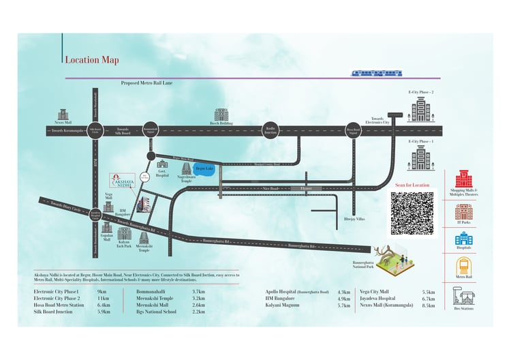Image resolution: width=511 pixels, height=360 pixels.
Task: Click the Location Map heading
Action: coord(91,60)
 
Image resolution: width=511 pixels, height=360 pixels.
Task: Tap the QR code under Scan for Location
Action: coord(412,213)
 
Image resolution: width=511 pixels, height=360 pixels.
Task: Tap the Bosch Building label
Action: coord(221,123)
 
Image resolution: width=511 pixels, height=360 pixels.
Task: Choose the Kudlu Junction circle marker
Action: coord(270,132)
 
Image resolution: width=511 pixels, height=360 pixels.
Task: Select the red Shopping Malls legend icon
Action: coord(464,179)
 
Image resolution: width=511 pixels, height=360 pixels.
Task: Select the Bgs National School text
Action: coord(156,312)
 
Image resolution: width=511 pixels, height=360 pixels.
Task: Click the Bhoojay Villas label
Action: coord(355,219)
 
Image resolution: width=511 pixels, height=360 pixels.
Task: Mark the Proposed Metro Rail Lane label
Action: coord(146,82)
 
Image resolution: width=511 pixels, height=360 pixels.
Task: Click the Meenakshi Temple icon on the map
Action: coord(144,237)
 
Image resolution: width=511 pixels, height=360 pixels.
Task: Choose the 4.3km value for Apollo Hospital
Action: coord(343,292)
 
